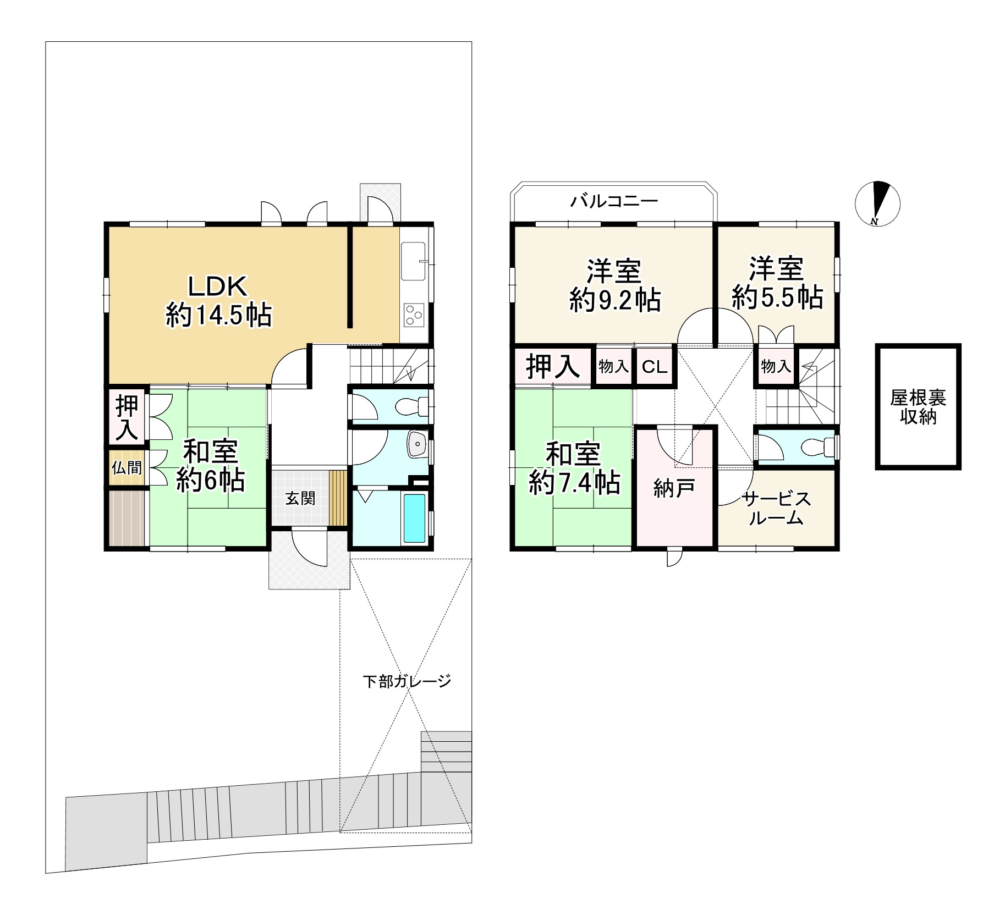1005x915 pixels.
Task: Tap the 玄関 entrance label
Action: (300, 498)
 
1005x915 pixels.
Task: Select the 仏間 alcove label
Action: (127, 467)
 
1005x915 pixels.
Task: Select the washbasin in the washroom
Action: (418, 444)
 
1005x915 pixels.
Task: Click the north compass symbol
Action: (877, 203)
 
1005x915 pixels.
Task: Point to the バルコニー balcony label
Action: (614, 201)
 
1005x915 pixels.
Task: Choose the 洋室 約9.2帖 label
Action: (615, 285)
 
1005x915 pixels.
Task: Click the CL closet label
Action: (655, 367)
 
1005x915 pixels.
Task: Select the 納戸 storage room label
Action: (674, 488)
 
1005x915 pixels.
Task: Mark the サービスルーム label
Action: (776, 508)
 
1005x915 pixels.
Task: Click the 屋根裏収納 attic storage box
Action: (918, 406)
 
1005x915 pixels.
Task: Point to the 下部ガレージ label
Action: (407, 681)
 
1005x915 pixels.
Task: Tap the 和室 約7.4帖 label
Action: (574, 468)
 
